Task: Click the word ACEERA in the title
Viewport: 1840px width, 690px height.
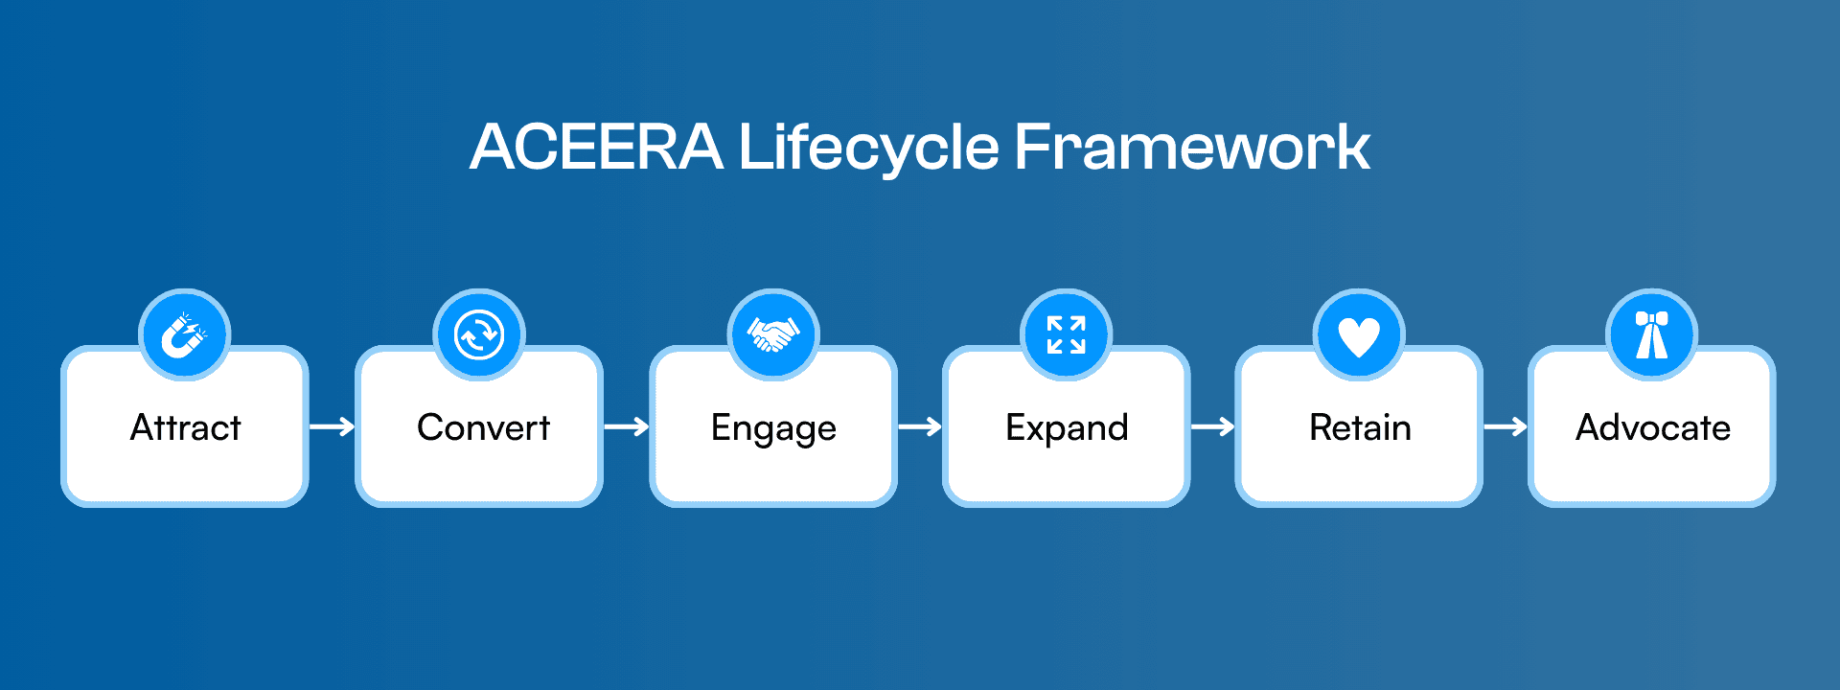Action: pyautogui.click(x=596, y=148)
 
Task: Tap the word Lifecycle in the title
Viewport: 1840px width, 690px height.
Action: pyautogui.click(x=868, y=148)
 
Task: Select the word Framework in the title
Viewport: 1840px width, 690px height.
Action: pyautogui.click(x=1191, y=148)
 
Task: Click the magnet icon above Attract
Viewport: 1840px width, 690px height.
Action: pyautogui.click(x=184, y=335)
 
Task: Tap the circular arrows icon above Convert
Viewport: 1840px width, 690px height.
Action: pyautogui.click(x=478, y=335)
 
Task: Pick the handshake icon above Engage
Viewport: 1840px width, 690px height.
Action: pyautogui.click(x=772, y=335)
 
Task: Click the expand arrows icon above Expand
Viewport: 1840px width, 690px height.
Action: pyautogui.click(x=1066, y=335)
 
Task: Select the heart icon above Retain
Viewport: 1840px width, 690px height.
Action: pyautogui.click(x=1359, y=335)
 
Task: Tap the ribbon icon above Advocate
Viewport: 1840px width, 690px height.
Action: pyautogui.click(x=1651, y=335)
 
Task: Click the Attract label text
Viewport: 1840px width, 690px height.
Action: pyautogui.click(x=185, y=427)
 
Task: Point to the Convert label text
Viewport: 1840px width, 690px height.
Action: pyautogui.click(x=483, y=427)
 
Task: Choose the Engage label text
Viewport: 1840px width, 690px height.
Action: pyautogui.click(x=773, y=428)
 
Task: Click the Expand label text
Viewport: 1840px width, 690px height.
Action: pyautogui.click(x=1067, y=428)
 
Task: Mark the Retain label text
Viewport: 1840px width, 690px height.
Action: pyautogui.click(x=1360, y=427)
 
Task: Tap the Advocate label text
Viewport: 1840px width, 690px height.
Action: pyautogui.click(x=1653, y=427)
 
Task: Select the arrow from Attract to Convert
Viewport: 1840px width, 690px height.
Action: pyautogui.click(x=333, y=426)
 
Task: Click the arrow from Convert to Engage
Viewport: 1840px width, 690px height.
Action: pyautogui.click(x=627, y=426)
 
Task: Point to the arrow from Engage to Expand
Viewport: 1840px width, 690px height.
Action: pyautogui.click(x=920, y=426)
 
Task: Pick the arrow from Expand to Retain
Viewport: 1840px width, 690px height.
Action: pyautogui.click(x=1212, y=426)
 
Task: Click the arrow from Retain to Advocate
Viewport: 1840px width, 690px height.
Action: pyautogui.click(x=1506, y=426)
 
